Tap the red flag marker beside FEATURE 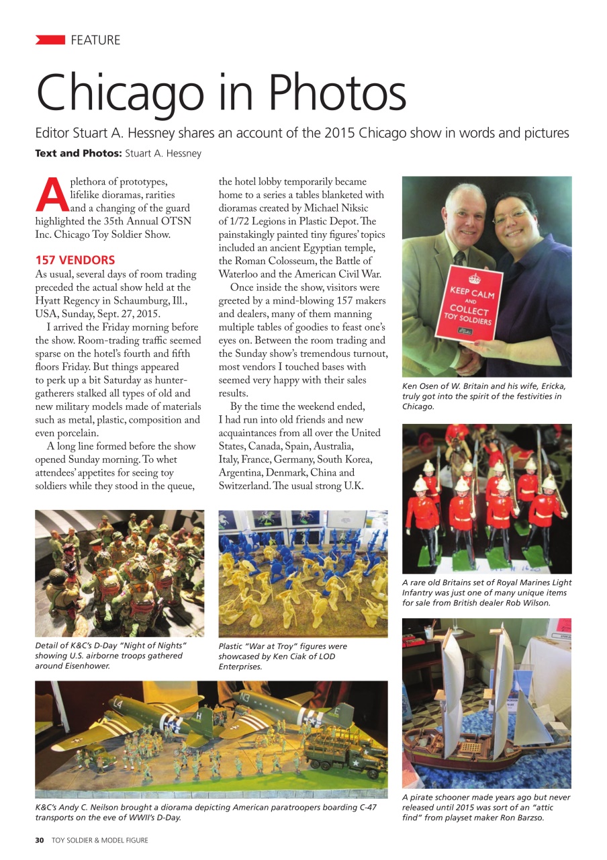pyautogui.click(x=50, y=40)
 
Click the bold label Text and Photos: pyautogui.click(x=78, y=153)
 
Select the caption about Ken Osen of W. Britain pyautogui.click(x=484, y=396)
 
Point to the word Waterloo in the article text pyautogui.click(x=242, y=274)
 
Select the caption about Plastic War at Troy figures pyautogui.click(x=283, y=656)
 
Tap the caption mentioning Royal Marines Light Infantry pyautogui.click(x=486, y=593)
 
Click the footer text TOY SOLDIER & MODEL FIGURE pyautogui.click(x=100, y=840)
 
